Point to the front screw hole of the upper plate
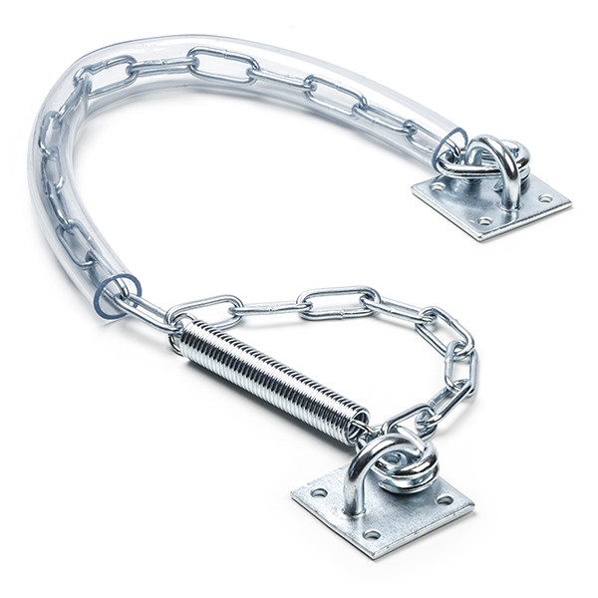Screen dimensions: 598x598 [x=485, y=221]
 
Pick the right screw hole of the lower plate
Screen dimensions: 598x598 [x=446, y=499]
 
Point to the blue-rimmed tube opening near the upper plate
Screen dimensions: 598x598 [x=449, y=148]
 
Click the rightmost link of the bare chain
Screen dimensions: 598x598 [x=459, y=364]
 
